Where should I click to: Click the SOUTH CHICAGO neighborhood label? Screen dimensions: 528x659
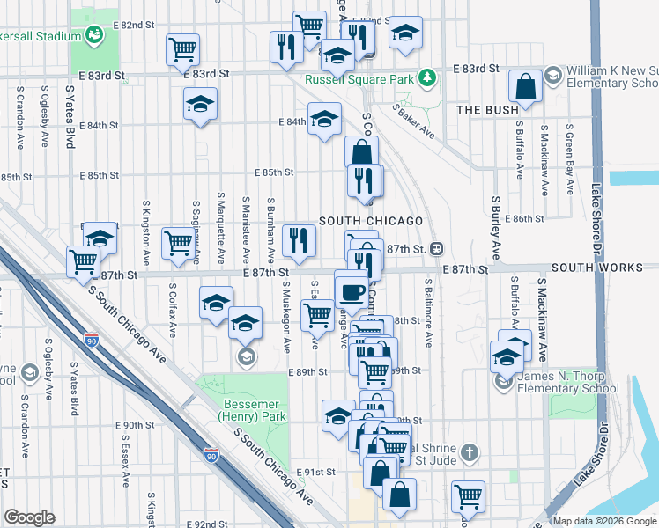pos(371,221)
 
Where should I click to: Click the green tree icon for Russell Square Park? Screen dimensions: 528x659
pos(427,78)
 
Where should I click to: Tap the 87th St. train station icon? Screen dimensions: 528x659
pos(436,249)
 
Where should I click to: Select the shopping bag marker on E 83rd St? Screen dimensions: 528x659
pos(526,86)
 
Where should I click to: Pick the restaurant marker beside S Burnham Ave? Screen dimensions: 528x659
pos(299,240)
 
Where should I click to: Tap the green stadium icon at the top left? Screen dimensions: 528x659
pos(94,34)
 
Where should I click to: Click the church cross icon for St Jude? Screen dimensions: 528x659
pos(470,453)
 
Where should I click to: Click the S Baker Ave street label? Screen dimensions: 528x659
pos(414,122)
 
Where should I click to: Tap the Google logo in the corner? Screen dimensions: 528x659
pos(29,517)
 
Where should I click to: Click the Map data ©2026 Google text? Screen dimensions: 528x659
pos(605,521)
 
